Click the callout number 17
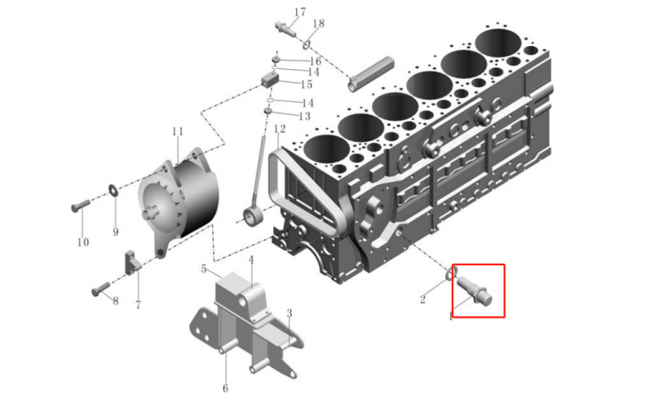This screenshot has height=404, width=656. coord(300,11)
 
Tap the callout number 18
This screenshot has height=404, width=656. coord(318,24)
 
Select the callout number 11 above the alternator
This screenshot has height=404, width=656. coord(178,131)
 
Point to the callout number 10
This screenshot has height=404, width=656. coord(83,241)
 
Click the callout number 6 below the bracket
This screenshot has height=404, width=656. coord(225,388)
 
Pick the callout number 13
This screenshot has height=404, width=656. coord(304,116)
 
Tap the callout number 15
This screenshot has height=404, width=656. coord(307,85)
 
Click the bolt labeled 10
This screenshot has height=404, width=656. coord(80,205)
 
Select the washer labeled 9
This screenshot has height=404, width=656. coord(113,190)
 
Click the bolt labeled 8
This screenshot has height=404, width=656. coord(101,289)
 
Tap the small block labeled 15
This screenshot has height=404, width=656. coord(270,79)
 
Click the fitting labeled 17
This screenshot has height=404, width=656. coord(285,29)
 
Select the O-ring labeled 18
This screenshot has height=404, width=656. coord(307,44)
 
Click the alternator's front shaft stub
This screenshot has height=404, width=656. coord(148,213)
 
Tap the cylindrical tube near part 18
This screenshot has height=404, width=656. coord(371,73)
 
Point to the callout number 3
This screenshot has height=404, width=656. coord(289,313)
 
